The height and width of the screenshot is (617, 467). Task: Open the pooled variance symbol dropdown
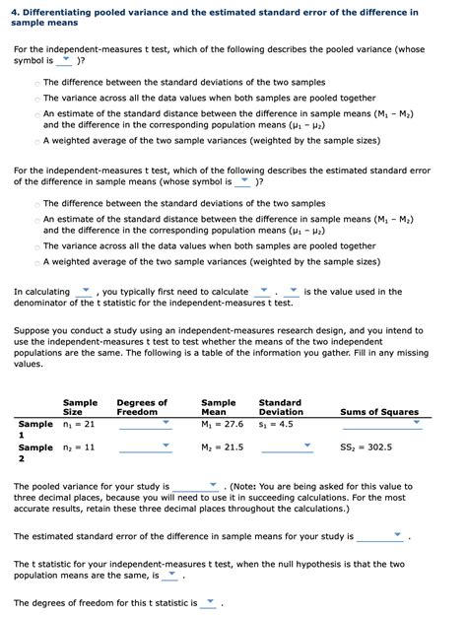pyautogui.click(x=65, y=59)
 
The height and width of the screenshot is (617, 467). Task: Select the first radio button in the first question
pyautogui.click(x=36, y=83)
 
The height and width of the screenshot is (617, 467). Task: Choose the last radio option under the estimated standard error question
pyautogui.click(x=36, y=262)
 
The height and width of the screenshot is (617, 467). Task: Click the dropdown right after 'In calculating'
pyautogui.click(x=84, y=291)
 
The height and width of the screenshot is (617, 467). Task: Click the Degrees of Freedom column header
pyautogui.click(x=142, y=407)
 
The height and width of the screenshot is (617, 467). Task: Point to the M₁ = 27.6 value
pyautogui.click(x=222, y=424)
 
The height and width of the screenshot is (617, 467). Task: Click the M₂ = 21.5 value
pyautogui.click(x=222, y=446)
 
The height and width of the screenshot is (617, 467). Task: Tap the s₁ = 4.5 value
pyautogui.click(x=277, y=424)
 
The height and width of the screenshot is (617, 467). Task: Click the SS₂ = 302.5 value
pyautogui.click(x=366, y=446)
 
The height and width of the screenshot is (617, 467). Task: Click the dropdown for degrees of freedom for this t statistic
pyautogui.click(x=209, y=602)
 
